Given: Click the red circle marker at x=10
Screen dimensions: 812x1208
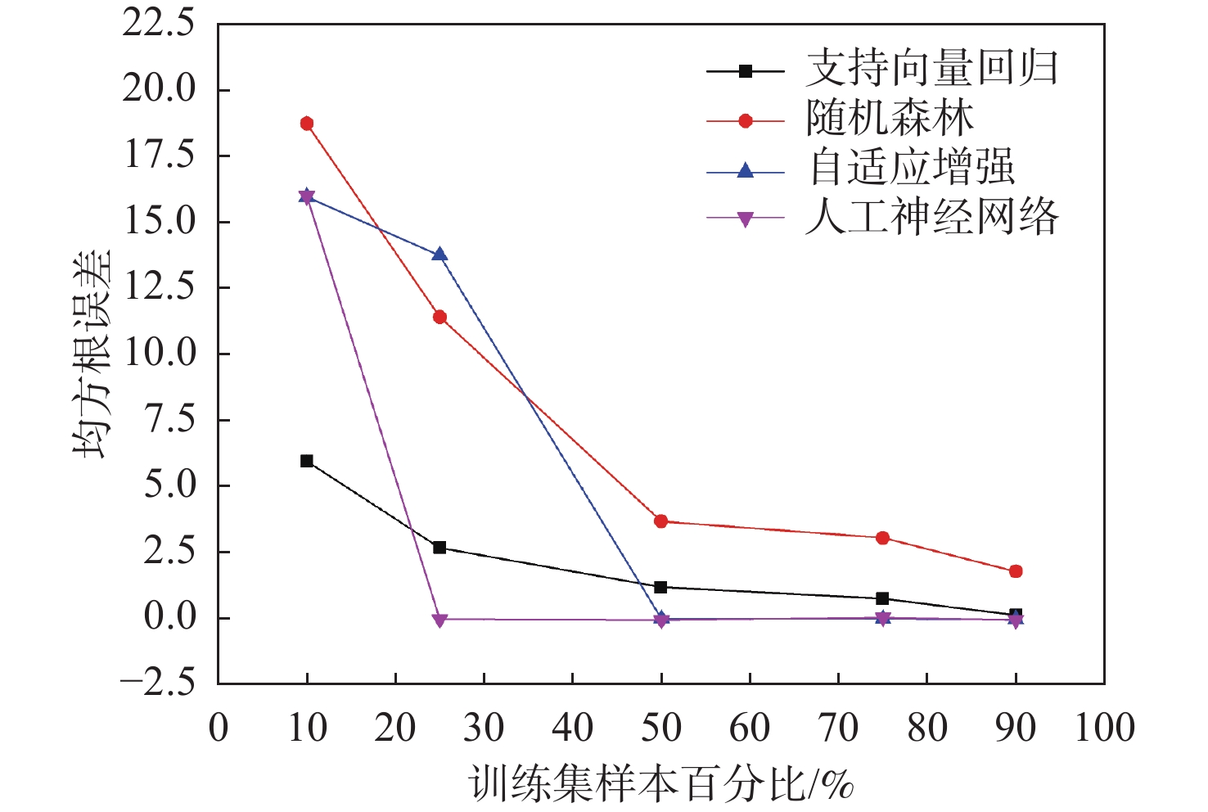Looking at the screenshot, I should [x=307, y=124].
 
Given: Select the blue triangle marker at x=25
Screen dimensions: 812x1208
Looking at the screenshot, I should [x=439, y=255].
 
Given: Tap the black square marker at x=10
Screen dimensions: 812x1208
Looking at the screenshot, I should [x=307, y=461].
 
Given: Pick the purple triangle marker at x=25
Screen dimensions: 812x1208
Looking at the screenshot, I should [x=439, y=620].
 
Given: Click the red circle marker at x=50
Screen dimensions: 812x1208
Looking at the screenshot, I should [x=661, y=521].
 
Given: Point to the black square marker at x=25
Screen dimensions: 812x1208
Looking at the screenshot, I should [x=439, y=547].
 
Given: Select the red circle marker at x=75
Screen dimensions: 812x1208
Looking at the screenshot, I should [x=882, y=538].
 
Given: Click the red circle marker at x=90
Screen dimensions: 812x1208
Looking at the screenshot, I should [x=1016, y=571].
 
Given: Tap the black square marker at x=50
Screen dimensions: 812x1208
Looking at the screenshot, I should [x=661, y=587].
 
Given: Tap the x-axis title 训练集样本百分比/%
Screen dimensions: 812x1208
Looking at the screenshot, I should [x=661, y=783].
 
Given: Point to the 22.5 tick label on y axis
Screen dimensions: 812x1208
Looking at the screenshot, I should [x=159, y=23].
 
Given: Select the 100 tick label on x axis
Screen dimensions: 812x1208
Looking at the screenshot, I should [x=1104, y=728].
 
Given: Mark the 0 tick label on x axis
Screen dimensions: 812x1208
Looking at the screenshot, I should [x=219, y=728].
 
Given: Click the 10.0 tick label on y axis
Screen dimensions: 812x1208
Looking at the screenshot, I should [x=159, y=353].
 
